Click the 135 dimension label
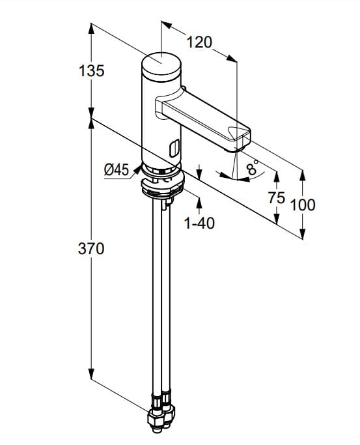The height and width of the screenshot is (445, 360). [x=92, y=70]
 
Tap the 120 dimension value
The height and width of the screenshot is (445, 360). [x=199, y=42]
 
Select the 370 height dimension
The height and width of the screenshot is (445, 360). [x=91, y=249]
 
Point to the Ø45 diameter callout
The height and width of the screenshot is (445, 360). [x=117, y=170]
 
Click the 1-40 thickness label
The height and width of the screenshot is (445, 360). [x=199, y=223]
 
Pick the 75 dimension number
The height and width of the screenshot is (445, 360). [x=277, y=197]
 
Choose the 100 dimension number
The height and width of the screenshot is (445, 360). [x=303, y=205]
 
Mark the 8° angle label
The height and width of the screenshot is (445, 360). [x=253, y=167]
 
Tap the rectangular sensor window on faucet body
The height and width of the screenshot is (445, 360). [x=174, y=148]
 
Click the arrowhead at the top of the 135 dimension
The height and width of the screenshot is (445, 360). [x=91, y=29]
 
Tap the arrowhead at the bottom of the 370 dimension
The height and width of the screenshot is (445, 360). [x=91, y=373]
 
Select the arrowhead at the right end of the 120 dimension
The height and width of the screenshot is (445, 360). [x=232, y=58]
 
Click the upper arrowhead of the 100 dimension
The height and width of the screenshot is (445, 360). [x=303, y=175]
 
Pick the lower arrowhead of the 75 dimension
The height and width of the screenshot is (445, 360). [x=277, y=218]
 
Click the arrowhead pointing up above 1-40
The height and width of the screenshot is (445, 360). [x=199, y=203]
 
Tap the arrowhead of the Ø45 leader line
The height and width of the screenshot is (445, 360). [x=137, y=169]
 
